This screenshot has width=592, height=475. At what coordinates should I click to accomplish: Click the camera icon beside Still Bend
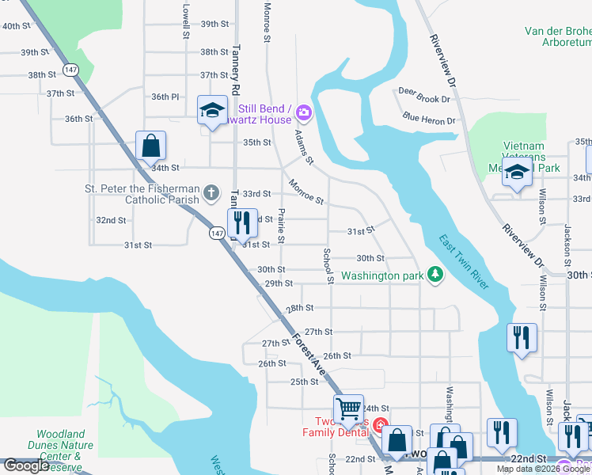click(305, 114)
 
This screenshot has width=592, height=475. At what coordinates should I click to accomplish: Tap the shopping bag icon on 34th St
click(150, 146)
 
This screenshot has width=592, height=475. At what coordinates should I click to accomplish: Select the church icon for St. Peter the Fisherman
click(211, 192)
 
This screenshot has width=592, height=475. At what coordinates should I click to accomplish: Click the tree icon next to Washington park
click(435, 275)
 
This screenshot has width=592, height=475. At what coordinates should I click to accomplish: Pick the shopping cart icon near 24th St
click(348, 409)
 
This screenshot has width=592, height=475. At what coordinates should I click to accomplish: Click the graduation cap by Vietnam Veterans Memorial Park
click(517, 173)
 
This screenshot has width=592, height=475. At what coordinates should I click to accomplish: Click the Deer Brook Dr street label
click(423, 99)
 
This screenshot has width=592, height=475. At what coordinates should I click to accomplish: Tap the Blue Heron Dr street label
click(429, 120)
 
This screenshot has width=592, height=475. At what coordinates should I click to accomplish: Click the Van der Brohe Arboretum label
click(558, 36)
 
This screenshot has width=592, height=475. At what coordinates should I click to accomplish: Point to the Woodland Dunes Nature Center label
click(65, 445)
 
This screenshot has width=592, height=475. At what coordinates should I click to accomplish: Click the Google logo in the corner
click(26, 465)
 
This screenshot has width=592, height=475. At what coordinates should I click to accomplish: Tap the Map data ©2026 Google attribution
click(543, 469)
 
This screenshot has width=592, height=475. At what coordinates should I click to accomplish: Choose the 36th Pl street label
click(165, 97)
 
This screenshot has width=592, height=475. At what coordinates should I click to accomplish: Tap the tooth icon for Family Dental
click(380, 426)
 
